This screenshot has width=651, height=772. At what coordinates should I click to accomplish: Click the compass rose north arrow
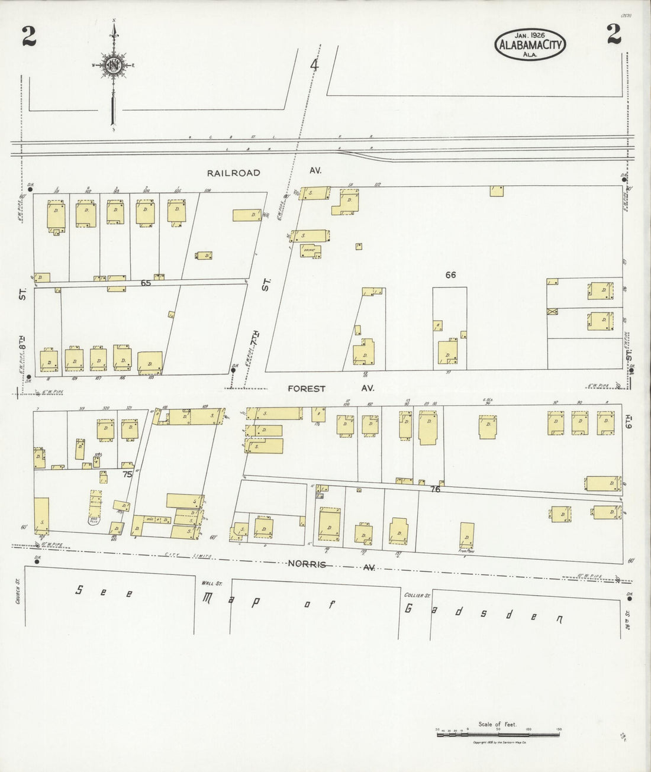click(x=112, y=65)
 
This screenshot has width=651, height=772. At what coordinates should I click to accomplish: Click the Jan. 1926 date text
click(x=530, y=34)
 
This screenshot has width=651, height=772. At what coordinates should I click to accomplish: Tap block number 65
click(x=146, y=283)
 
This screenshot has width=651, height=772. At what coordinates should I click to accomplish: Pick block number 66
click(x=451, y=274)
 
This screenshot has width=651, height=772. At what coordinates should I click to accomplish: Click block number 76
click(x=436, y=489)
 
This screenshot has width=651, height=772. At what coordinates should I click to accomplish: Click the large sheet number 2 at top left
click(x=28, y=37)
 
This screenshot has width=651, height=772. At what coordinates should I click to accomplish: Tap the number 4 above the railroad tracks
click(x=314, y=66)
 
